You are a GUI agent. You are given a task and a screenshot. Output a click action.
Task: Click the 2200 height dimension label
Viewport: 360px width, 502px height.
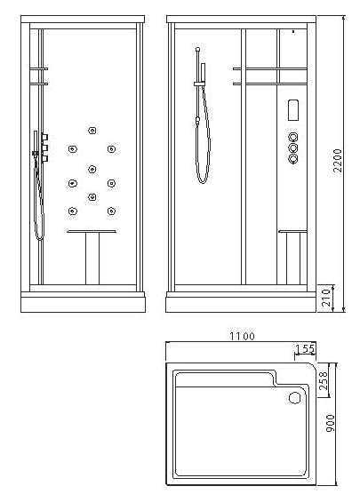tap(337, 160)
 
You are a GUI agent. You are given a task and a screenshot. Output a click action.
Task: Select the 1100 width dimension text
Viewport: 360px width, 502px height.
tap(242, 336)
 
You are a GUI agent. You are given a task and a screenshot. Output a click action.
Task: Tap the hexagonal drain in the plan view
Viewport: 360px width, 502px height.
tap(295, 398)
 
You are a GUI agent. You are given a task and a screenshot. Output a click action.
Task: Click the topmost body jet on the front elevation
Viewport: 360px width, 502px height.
tap(91, 131)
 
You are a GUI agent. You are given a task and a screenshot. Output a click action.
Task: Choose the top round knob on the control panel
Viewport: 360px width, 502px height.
tap(292, 136)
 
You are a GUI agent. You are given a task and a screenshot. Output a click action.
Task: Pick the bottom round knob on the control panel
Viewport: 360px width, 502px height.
tap(292, 160)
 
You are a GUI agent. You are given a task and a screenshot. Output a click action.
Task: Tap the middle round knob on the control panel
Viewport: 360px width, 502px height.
tap(292, 147)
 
